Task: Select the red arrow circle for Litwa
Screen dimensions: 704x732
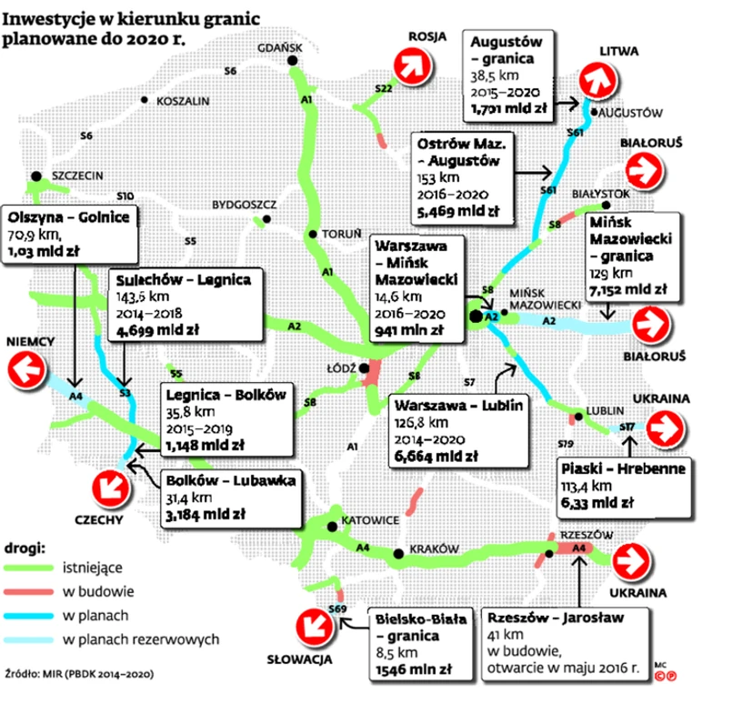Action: (598, 79)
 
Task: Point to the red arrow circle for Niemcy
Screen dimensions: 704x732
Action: (26, 372)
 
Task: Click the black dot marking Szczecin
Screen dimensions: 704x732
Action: (35, 175)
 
